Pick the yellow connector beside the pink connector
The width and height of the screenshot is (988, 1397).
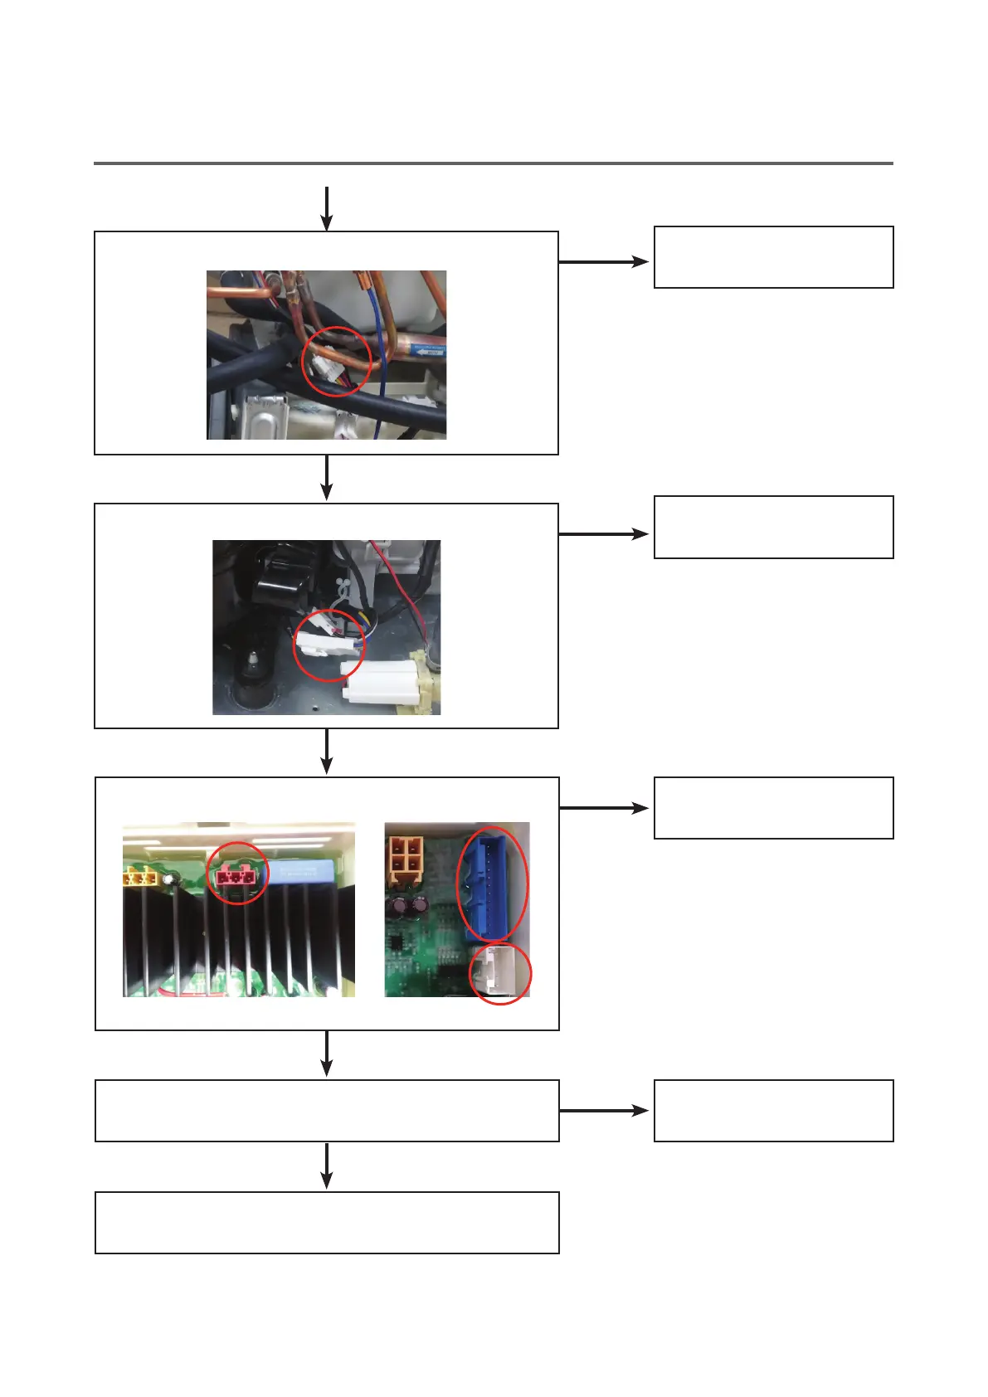coord(140,877)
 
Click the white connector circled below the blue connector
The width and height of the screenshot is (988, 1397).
coord(500,972)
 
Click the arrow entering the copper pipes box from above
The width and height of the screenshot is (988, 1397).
coord(327,208)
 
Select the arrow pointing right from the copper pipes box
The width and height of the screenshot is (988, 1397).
coord(604,261)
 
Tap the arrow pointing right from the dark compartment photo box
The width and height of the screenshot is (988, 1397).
coord(604,534)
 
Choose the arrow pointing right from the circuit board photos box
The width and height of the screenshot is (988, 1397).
coord(604,807)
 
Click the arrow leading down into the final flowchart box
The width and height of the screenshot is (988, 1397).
coord(327,1166)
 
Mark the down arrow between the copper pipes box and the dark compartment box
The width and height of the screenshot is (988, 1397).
coord(327,478)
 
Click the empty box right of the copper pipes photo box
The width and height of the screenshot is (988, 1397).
coord(773,257)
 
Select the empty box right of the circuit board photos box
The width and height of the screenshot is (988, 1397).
coord(773,808)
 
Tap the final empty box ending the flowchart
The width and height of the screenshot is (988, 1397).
coord(327,1222)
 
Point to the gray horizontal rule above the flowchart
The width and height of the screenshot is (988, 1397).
coord(493,163)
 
